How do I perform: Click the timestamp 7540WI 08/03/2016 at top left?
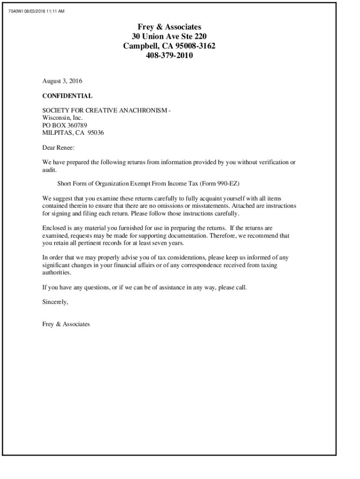click(x=36, y=11)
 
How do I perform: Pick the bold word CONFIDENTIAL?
click(x=67, y=96)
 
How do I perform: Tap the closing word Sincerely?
click(x=55, y=302)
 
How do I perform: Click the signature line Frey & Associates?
click(x=65, y=324)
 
